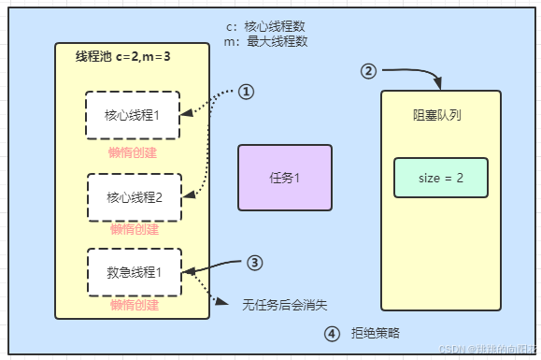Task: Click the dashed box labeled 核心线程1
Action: [133, 117]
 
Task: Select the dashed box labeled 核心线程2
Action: [133, 196]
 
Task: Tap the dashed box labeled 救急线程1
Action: [133, 273]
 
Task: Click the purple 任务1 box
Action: [284, 177]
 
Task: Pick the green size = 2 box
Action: [440, 178]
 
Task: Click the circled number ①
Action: [246, 92]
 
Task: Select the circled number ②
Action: [369, 71]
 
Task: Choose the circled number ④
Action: [332, 333]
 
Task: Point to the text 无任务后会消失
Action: [284, 305]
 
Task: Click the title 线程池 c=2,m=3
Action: [122, 58]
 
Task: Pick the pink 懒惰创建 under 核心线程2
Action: [133, 230]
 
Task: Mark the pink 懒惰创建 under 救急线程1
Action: [133, 306]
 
